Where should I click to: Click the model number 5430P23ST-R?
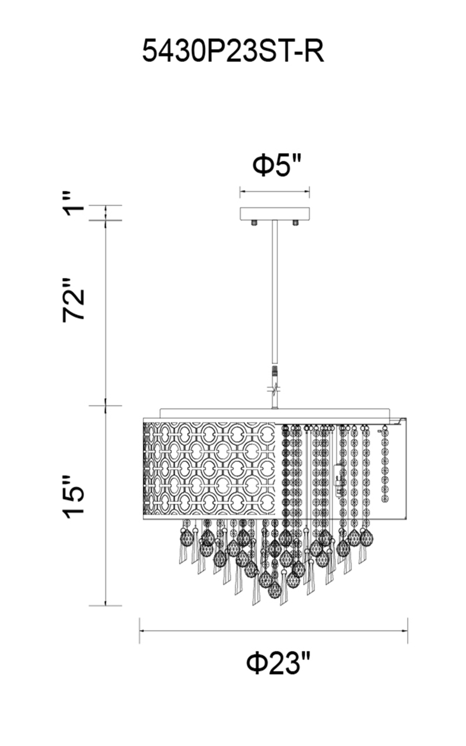click(x=233, y=51)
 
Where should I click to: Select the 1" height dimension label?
click(x=75, y=203)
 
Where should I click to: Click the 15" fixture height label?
click(x=75, y=497)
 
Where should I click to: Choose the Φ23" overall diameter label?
click(x=278, y=662)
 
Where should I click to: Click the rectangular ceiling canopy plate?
click(x=274, y=214)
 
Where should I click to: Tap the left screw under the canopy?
click(x=254, y=223)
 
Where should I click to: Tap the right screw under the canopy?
click(x=295, y=223)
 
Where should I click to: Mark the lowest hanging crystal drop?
click(x=274, y=591)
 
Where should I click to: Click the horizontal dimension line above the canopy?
click(x=274, y=191)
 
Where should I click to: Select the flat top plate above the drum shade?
click(x=275, y=413)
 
